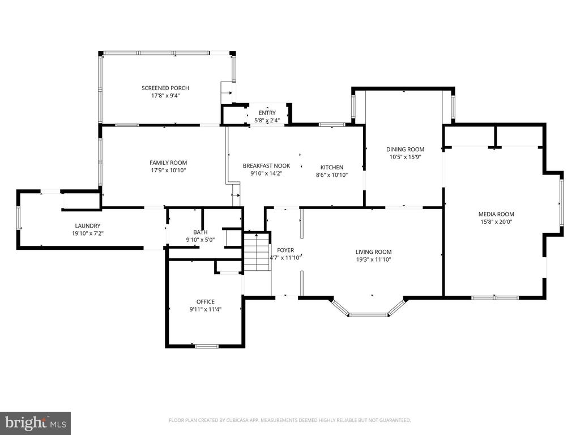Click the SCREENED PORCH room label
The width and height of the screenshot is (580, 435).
click(165, 88)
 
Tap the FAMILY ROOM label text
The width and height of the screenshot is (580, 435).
click(168, 163)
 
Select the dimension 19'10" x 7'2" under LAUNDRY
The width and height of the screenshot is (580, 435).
click(88, 233)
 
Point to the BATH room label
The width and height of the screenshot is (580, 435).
click(200, 232)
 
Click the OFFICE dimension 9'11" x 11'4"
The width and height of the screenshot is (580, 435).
click(205, 310)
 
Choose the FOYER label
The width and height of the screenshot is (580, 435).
click(285, 250)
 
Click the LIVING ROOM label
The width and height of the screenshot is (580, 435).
click(374, 252)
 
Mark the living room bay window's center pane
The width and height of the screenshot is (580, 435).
click(368, 315)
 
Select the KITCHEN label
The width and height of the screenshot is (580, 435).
click(332, 167)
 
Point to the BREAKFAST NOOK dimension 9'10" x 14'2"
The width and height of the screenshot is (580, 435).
click(266, 173)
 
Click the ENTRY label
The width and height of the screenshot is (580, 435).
click(267, 113)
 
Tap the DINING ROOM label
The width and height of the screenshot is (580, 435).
click(406, 150)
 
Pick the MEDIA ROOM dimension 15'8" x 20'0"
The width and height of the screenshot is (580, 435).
click(496, 222)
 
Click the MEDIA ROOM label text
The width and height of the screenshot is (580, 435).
click(496, 214)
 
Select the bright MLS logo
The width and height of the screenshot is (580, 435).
click(36, 423)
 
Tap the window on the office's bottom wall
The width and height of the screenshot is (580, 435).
click(207, 346)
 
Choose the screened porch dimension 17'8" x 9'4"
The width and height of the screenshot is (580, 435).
click(165, 96)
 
